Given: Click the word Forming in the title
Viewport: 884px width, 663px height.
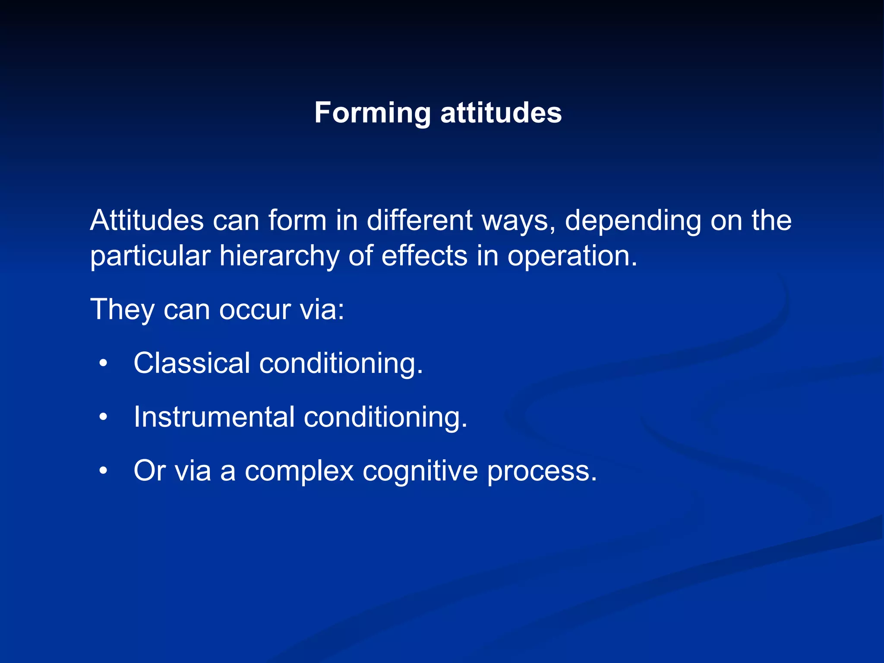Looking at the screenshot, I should point(372,113).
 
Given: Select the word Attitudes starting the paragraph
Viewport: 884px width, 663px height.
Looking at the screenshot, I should point(147,221).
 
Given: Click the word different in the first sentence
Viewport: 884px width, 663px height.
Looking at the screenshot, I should point(420,221).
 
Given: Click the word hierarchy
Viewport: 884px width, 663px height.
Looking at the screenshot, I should point(279,256).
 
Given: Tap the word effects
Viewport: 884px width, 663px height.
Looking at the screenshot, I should point(424,256).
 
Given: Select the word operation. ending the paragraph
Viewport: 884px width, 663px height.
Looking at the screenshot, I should point(572,256).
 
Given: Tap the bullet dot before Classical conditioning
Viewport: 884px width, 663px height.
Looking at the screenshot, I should point(103,363).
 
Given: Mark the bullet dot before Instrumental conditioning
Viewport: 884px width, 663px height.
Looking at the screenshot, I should point(103,417).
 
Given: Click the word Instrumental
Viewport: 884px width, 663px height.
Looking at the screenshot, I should point(214,417).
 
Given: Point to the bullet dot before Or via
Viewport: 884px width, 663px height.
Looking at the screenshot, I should point(103,471).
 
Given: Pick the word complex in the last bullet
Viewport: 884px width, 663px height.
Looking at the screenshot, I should point(299,471).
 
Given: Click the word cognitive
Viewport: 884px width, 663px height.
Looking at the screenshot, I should point(420,471).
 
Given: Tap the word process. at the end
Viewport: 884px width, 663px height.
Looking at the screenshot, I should point(542,471).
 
